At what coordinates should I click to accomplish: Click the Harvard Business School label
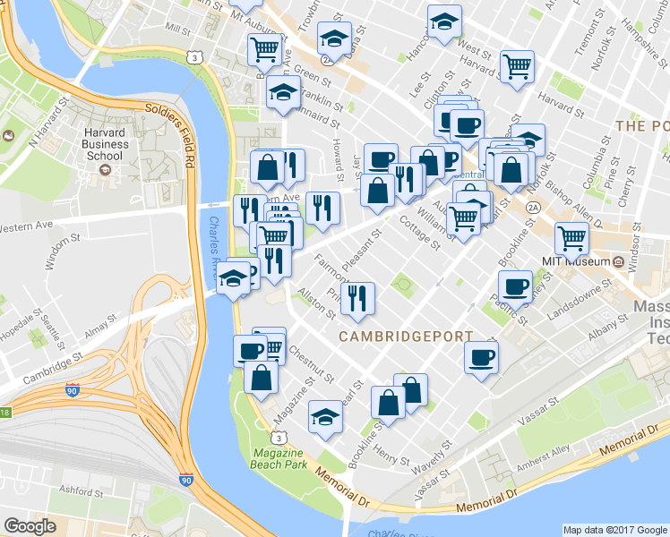click(104, 142)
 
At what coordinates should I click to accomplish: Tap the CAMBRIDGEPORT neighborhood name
click(405, 337)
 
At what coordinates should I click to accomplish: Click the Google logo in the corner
click(30, 525)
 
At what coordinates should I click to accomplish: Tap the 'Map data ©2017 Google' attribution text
click(614, 529)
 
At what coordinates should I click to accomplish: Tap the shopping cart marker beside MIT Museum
click(571, 238)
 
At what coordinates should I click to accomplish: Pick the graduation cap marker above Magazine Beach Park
click(325, 416)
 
